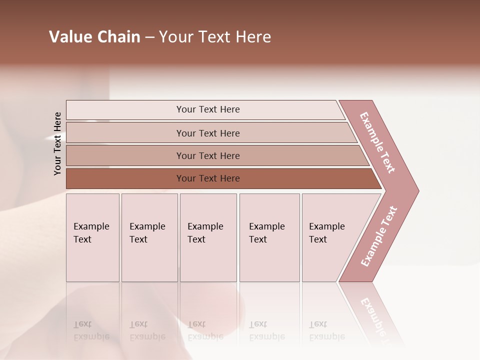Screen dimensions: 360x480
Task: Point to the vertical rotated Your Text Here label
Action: tap(57, 143)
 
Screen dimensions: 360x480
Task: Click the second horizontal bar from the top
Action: tap(207, 133)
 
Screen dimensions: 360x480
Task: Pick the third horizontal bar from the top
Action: tap(207, 155)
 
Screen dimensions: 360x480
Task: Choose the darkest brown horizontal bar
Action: tap(207, 178)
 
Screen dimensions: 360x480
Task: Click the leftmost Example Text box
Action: tap(92, 237)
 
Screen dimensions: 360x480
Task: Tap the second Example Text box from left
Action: tap(149, 237)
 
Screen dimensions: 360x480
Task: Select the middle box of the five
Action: tap(208, 237)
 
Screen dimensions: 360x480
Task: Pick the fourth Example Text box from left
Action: tap(269, 237)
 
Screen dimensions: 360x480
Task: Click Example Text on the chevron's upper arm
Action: tap(377, 142)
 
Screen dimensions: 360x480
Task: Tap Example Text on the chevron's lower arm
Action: tap(379, 236)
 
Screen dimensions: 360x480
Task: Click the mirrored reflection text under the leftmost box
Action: tap(91, 330)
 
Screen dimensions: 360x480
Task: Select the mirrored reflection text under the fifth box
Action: tap(326, 330)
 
